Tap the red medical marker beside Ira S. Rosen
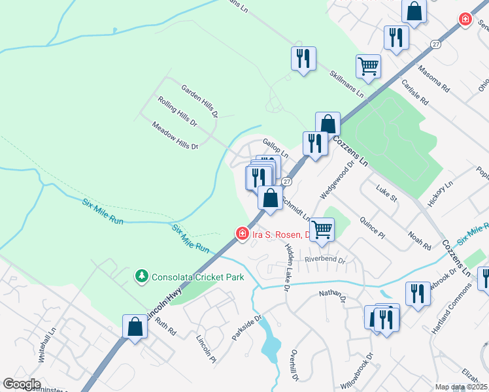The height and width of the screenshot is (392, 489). click(242, 233)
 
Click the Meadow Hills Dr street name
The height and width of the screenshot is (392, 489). click(175, 136)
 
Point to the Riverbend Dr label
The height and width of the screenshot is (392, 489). click(325, 259)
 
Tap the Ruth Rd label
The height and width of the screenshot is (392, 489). click(166, 327)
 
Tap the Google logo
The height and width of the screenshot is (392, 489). click(21, 384)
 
